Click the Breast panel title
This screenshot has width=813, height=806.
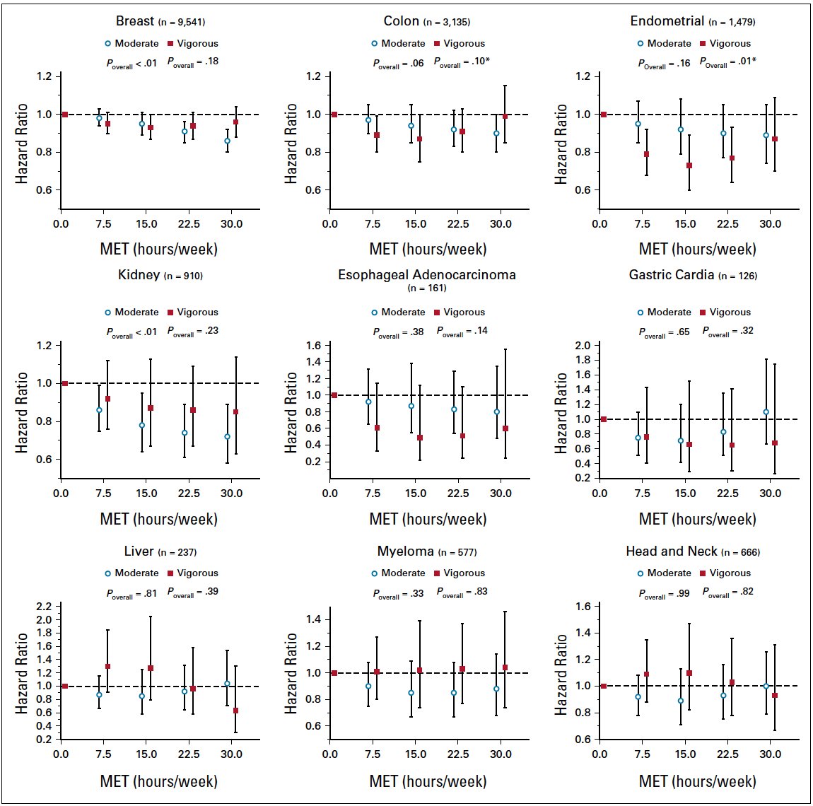click(135, 21)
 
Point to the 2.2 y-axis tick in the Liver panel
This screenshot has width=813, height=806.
click(43, 607)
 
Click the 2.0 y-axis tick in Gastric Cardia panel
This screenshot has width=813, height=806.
click(583, 345)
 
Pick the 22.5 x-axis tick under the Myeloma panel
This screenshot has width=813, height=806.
click(458, 754)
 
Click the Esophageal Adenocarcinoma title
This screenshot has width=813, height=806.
click(427, 274)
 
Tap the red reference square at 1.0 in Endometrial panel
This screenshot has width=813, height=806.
click(604, 115)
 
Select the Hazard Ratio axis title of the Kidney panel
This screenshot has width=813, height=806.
click(22, 413)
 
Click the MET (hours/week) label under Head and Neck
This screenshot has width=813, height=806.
click(697, 781)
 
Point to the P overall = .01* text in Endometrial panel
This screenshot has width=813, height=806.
click(727, 62)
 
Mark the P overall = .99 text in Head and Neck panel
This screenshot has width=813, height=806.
click(664, 593)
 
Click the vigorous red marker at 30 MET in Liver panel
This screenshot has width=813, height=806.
click(235, 711)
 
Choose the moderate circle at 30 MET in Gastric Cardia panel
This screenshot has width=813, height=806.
click(766, 411)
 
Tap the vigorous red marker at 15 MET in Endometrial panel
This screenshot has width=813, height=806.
click(689, 165)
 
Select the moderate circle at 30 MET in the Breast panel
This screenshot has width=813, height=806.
click(227, 141)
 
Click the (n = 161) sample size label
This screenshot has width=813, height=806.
click(427, 288)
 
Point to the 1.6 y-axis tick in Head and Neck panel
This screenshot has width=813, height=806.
click(583, 607)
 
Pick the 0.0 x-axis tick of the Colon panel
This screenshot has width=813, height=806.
click(330, 224)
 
